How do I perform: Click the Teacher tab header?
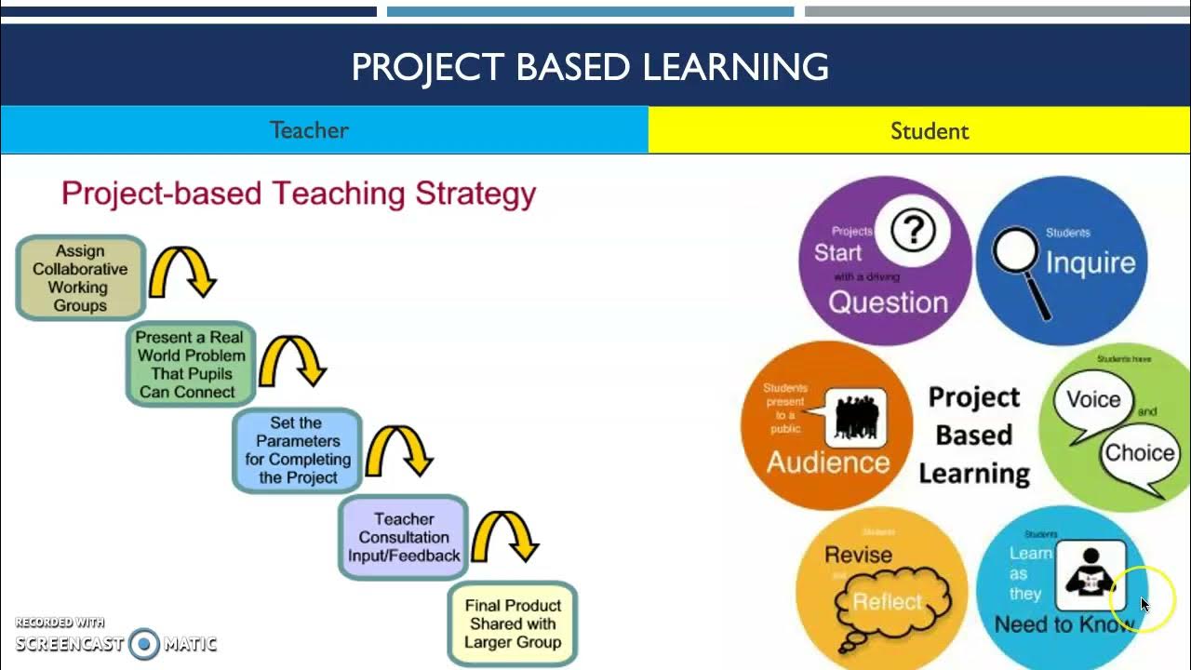click(310, 130)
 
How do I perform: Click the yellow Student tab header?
click(929, 131)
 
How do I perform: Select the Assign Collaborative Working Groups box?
click(81, 278)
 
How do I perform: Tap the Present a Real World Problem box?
click(191, 365)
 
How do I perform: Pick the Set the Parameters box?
click(298, 450)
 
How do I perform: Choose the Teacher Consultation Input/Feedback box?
click(404, 537)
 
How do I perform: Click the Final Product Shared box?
click(513, 623)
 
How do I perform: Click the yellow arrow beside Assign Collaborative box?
click(183, 271)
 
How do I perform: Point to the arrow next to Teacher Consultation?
click(505, 536)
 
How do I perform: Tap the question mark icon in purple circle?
click(913, 229)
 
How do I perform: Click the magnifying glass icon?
click(1018, 270)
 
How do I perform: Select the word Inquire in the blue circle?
click(1091, 263)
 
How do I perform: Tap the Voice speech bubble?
click(1093, 401)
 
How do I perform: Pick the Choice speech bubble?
click(1139, 453)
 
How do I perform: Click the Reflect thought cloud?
click(888, 604)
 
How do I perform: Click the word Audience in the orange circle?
click(827, 462)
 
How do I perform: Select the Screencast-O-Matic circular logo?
click(144, 644)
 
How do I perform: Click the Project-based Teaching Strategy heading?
click(299, 194)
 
